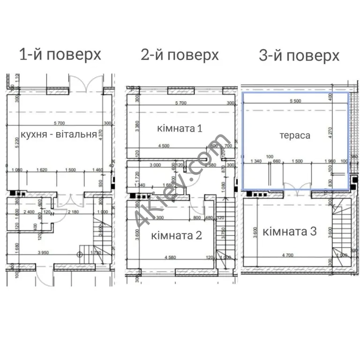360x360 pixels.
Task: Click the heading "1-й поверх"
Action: (x=60, y=54)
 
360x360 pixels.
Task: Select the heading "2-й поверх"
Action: (x=180, y=55)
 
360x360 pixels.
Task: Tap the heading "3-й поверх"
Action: (x=299, y=56)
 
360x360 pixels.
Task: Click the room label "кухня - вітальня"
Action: (x=59, y=135)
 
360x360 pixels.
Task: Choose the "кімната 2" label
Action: (x=176, y=235)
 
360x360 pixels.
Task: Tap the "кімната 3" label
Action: (x=289, y=231)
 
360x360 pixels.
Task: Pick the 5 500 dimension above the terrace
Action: (x=295, y=101)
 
